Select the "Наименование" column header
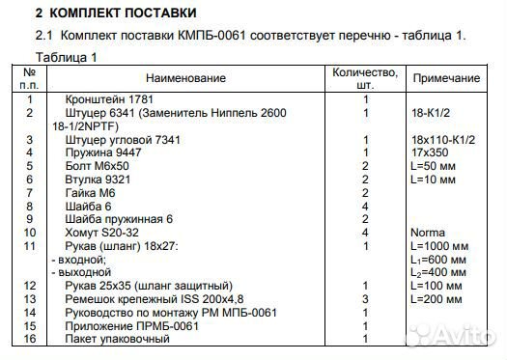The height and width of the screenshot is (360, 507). (187, 77)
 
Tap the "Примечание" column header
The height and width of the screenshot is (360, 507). (446, 78)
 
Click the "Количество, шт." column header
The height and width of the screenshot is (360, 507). (364, 77)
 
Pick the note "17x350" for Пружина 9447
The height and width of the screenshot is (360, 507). (430, 152)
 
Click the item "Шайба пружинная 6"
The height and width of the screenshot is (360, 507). (119, 219)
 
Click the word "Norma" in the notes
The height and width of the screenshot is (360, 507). (429, 233)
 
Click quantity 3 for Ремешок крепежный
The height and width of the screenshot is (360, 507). (366, 300)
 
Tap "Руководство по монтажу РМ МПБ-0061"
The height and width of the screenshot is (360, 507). (170, 313)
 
